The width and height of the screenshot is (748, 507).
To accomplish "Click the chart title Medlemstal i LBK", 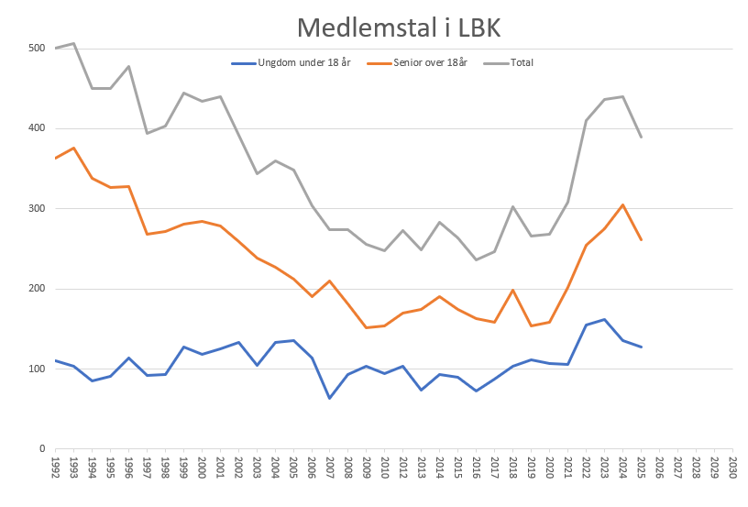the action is point(399,28).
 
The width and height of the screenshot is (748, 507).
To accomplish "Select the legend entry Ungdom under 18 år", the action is point(291,63).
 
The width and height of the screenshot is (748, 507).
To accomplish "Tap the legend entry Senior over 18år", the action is point(417,63).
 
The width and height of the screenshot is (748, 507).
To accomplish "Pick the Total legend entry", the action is point(509,63).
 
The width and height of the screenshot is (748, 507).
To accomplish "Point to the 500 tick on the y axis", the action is point(37,49).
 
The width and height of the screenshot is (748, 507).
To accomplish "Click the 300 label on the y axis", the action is point(37,208).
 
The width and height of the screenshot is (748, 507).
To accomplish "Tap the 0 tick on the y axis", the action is point(42,449).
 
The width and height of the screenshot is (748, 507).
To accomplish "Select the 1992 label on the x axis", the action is point(55,468).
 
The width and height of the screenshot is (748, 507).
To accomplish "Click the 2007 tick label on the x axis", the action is point(330,468).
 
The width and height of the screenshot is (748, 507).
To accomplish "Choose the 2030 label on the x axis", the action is point(732,468).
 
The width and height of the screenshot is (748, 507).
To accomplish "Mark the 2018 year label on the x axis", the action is point(512,468).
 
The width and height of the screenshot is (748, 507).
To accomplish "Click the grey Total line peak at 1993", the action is point(74,43).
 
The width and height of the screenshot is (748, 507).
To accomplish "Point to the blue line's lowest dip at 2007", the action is point(330,398).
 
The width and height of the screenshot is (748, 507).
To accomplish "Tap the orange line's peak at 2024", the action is point(622,204).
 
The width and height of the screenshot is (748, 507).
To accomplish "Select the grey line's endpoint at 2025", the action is point(641,137).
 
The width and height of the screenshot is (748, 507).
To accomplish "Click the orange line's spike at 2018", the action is point(512,290).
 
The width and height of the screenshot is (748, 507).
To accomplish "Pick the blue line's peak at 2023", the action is point(604,319).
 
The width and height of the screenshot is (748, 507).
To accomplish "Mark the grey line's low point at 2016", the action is point(476,260).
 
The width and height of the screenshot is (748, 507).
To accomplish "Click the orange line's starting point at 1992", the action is point(56,158).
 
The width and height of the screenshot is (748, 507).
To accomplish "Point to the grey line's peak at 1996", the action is point(129,66).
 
